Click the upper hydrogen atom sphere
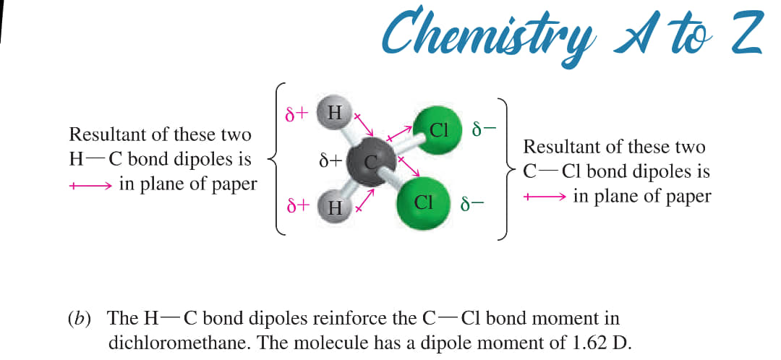pos(333,113)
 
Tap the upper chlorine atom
pos(438,131)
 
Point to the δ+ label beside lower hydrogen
pos(298,205)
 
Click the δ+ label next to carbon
pos(330,160)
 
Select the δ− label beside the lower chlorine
pos(472,204)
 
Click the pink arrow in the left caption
pos(90,187)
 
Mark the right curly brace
pos(504,169)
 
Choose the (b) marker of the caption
pos(80,319)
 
